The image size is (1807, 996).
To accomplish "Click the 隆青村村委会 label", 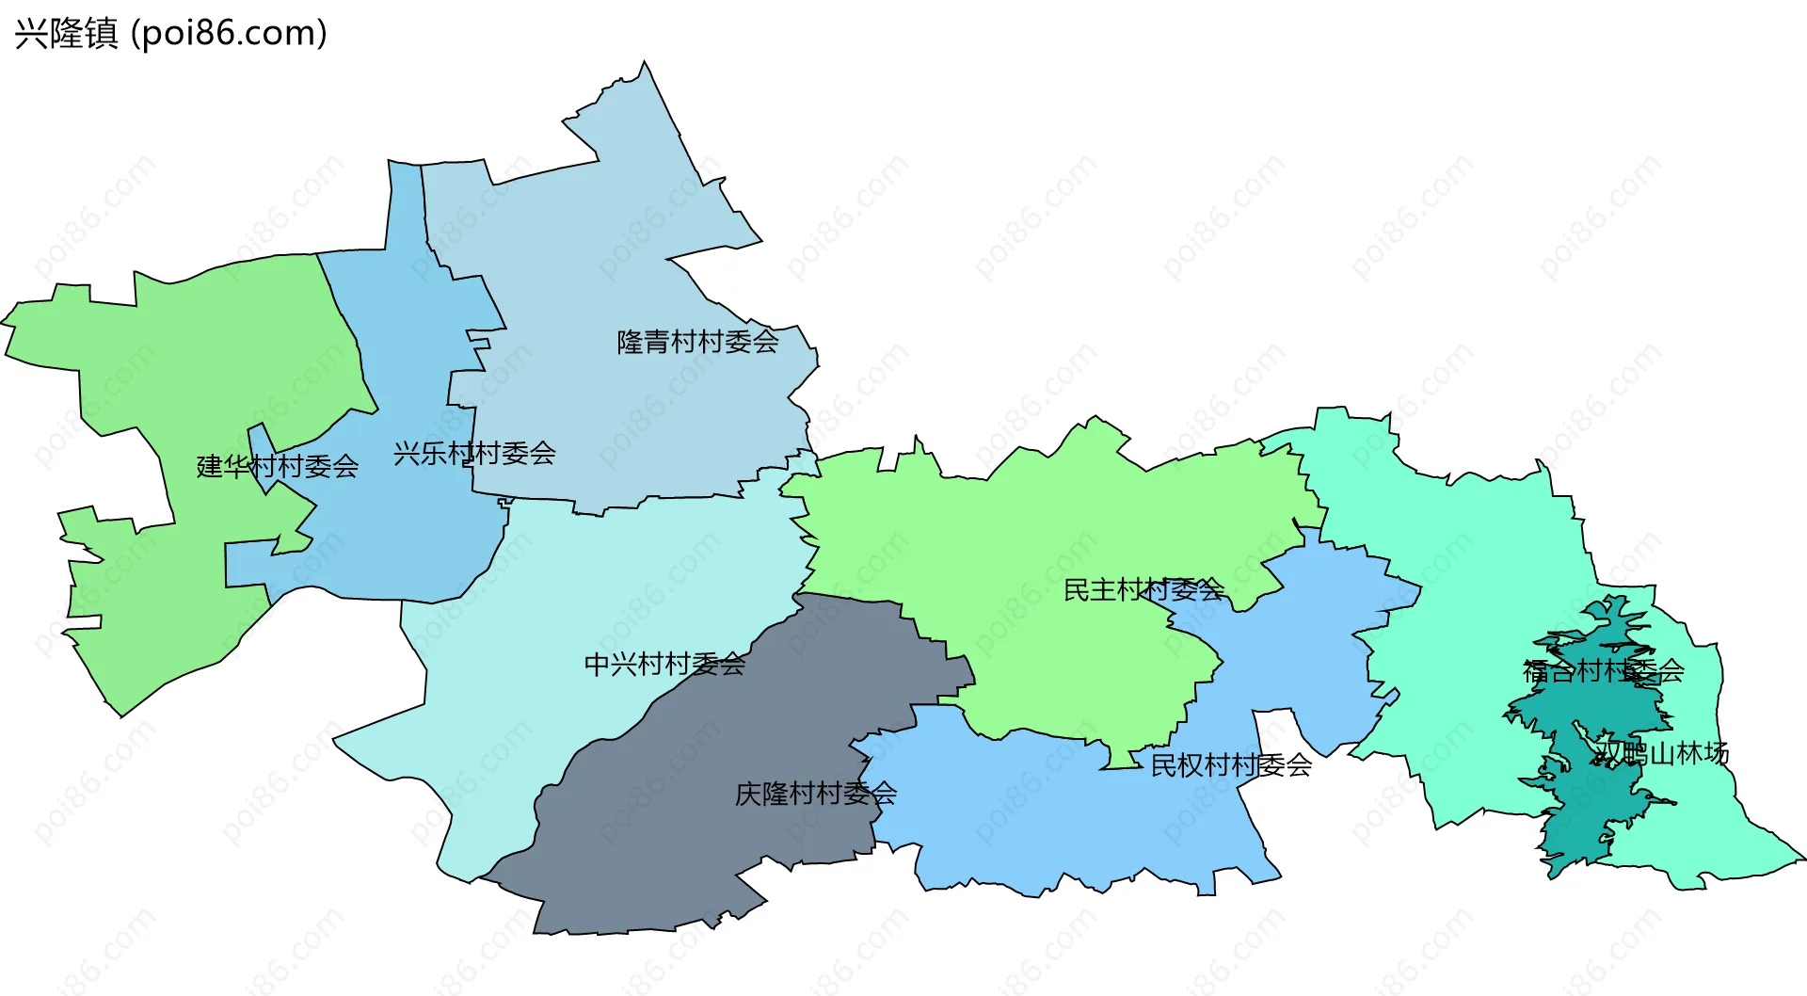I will [697, 342].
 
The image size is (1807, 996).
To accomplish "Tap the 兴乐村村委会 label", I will [474, 454].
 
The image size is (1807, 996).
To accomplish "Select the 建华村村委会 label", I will [278, 466].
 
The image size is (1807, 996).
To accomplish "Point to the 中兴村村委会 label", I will [664, 665].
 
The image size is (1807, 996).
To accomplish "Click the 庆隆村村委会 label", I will [815, 794].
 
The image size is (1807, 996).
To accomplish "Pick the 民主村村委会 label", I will [1143, 590].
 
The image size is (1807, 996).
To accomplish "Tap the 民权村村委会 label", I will [1231, 765].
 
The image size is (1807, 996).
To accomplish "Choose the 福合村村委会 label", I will [1603, 671].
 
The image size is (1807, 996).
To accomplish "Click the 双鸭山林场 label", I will [1662, 753].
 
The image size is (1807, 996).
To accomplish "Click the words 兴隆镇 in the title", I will [67, 34].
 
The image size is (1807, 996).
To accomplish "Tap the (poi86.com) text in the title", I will [229, 34].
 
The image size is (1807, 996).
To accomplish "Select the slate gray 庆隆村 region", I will [678, 828].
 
